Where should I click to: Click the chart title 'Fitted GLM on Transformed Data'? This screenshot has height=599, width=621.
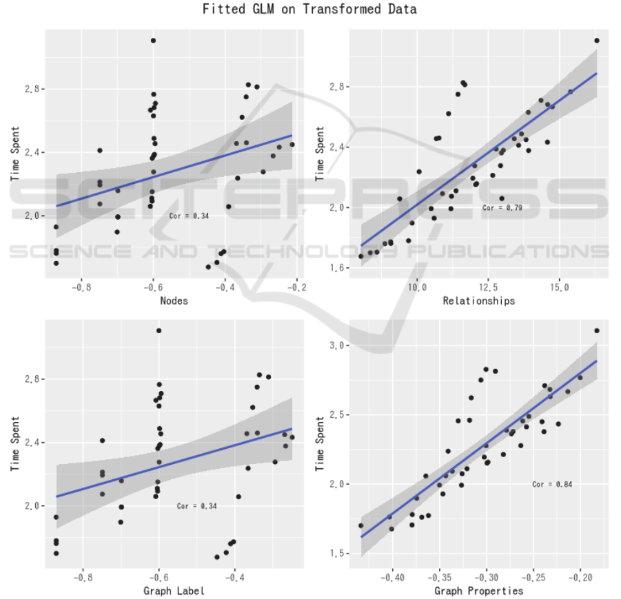[x=309, y=10]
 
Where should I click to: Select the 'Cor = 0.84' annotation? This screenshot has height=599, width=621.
[x=552, y=484]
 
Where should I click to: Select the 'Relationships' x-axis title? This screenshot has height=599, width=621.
[x=478, y=301]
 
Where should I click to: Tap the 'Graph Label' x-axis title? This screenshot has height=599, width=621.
[x=174, y=591]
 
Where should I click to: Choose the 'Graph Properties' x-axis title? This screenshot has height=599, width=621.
[x=478, y=591]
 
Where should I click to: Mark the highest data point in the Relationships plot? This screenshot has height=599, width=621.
[x=597, y=41]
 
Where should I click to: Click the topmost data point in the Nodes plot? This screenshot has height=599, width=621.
[x=153, y=41]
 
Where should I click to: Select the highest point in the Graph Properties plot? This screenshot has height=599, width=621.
[x=597, y=330]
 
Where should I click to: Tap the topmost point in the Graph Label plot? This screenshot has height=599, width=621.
[x=159, y=330]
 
